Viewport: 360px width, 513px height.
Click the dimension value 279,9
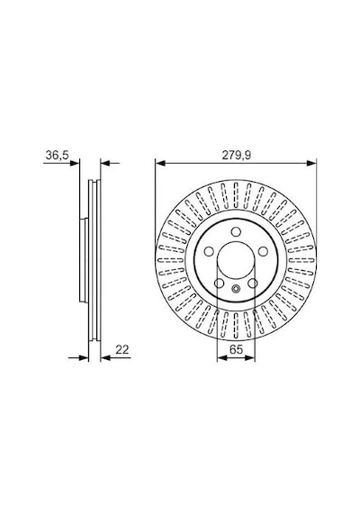237,155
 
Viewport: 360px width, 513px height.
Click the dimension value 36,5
57,155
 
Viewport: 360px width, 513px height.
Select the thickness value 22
122,349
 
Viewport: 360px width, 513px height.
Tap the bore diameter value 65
236,349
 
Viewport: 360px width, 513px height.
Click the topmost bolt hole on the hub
236,231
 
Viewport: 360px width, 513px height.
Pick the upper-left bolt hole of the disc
209,251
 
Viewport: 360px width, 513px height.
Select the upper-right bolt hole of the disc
263,251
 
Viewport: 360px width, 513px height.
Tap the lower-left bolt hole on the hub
219,283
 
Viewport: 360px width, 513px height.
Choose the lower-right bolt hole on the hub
253,283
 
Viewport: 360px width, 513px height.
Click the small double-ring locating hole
236,289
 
